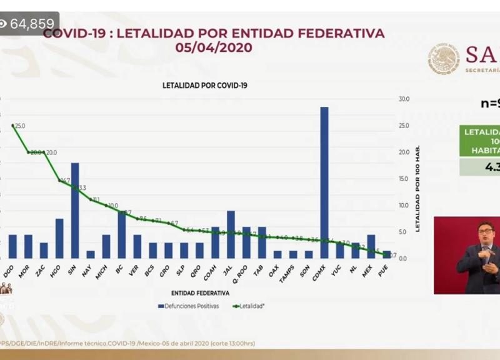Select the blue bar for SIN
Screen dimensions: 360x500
point(75,211)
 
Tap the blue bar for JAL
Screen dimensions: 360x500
point(231,234)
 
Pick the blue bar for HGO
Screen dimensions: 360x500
point(59,238)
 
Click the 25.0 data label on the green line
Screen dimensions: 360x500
point(20,126)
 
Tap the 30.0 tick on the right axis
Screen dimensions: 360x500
point(404,99)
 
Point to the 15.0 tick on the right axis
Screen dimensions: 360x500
point(404,179)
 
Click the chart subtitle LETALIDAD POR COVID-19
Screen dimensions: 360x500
point(205,85)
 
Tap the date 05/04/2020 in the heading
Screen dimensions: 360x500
point(213,47)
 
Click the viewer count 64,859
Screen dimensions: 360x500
point(32,24)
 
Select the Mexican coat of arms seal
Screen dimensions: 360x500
point(443,59)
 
